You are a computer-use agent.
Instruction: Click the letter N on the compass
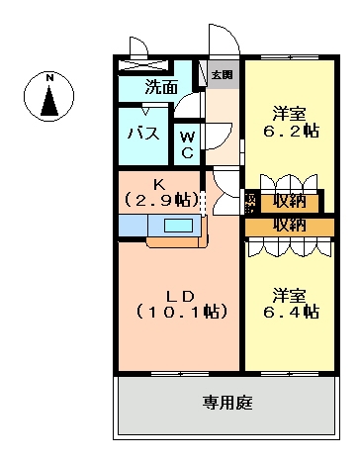[48, 76]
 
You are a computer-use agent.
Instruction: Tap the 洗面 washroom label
[161, 87]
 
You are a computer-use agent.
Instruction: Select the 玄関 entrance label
[222, 74]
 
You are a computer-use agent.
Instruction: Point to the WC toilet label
[188, 146]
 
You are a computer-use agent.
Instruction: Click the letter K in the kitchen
[159, 182]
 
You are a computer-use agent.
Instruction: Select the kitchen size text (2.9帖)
[159, 200]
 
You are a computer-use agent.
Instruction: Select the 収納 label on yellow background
[290, 201]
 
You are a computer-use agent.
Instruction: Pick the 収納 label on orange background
[290, 225]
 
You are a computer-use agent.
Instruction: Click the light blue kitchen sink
[179, 226]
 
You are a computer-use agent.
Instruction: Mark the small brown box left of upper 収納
[250, 202]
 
